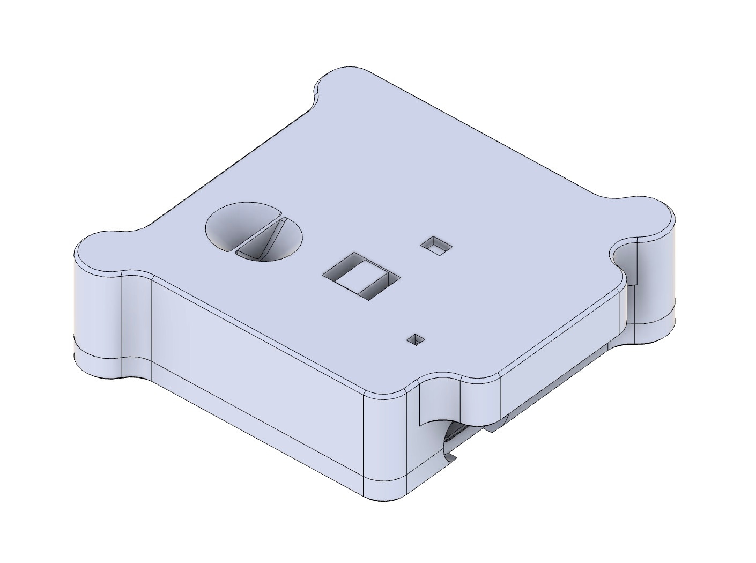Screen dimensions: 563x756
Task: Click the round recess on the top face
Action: click(x=254, y=231)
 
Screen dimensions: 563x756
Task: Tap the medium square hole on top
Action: click(x=437, y=246)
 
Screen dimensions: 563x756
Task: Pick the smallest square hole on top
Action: click(x=416, y=339)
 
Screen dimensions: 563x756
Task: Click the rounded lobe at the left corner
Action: click(x=99, y=252)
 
